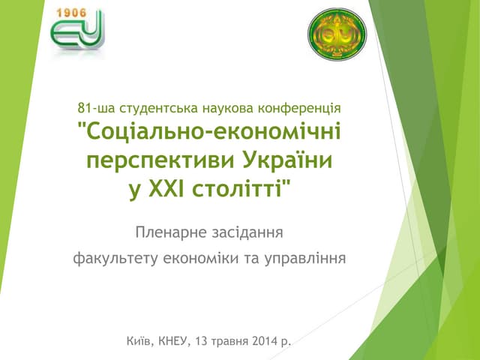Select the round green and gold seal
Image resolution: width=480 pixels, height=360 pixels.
pyautogui.click(x=337, y=34)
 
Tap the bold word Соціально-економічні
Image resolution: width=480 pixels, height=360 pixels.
pyautogui.click(x=209, y=133)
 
